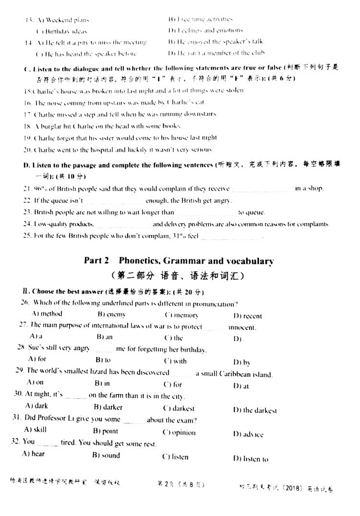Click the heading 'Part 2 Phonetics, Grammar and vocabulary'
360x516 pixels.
click(179, 261)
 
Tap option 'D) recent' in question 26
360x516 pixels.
click(248, 316)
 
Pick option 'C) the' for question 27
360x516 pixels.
click(173, 338)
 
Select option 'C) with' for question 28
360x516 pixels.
click(175, 361)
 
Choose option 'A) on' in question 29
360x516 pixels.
click(35, 382)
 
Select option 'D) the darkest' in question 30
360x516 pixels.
click(255, 410)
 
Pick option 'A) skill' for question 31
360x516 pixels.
click(35, 430)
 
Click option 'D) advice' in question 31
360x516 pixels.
click(248, 434)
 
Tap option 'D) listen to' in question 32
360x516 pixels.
click(251, 459)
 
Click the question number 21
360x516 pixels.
click(27, 188)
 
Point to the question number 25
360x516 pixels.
click(27, 235)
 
